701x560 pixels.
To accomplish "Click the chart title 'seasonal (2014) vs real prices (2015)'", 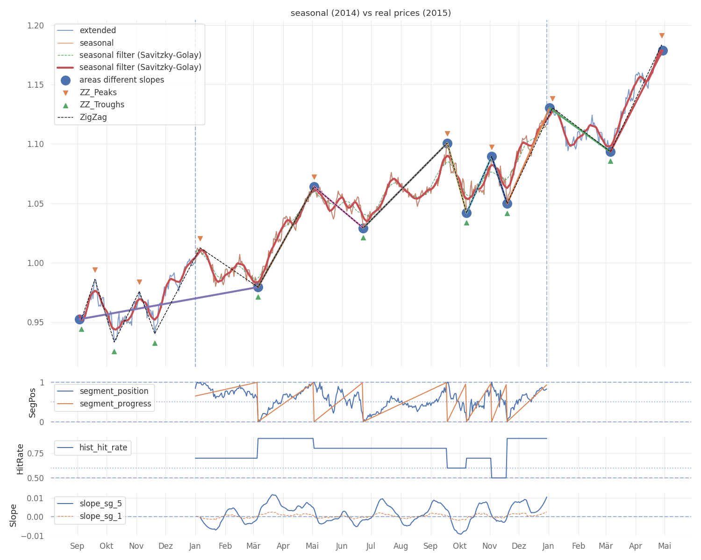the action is click(x=371, y=13).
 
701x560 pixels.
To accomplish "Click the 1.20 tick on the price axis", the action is click(x=36, y=26).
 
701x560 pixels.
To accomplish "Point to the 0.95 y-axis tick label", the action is click(x=36, y=322).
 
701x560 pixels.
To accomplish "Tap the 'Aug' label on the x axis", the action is click(x=401, y=546).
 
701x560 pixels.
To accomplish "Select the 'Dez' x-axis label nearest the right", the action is click(x=519, y=546).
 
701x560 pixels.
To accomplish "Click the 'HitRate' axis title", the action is click(x=20, y=459).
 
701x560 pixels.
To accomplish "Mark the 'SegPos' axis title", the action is click(x=32, y=403).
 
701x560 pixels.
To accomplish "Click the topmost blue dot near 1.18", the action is click(x=662, y=51).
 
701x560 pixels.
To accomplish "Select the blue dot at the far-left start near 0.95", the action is click(x=79, y=319).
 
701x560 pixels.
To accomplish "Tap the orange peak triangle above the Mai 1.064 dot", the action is click(x=314, y=177).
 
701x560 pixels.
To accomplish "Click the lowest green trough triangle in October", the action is click(x=114, y=351).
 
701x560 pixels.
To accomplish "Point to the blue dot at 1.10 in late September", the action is click(x=447, y=143).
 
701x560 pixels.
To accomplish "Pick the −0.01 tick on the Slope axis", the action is click(x=32, y=536).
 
